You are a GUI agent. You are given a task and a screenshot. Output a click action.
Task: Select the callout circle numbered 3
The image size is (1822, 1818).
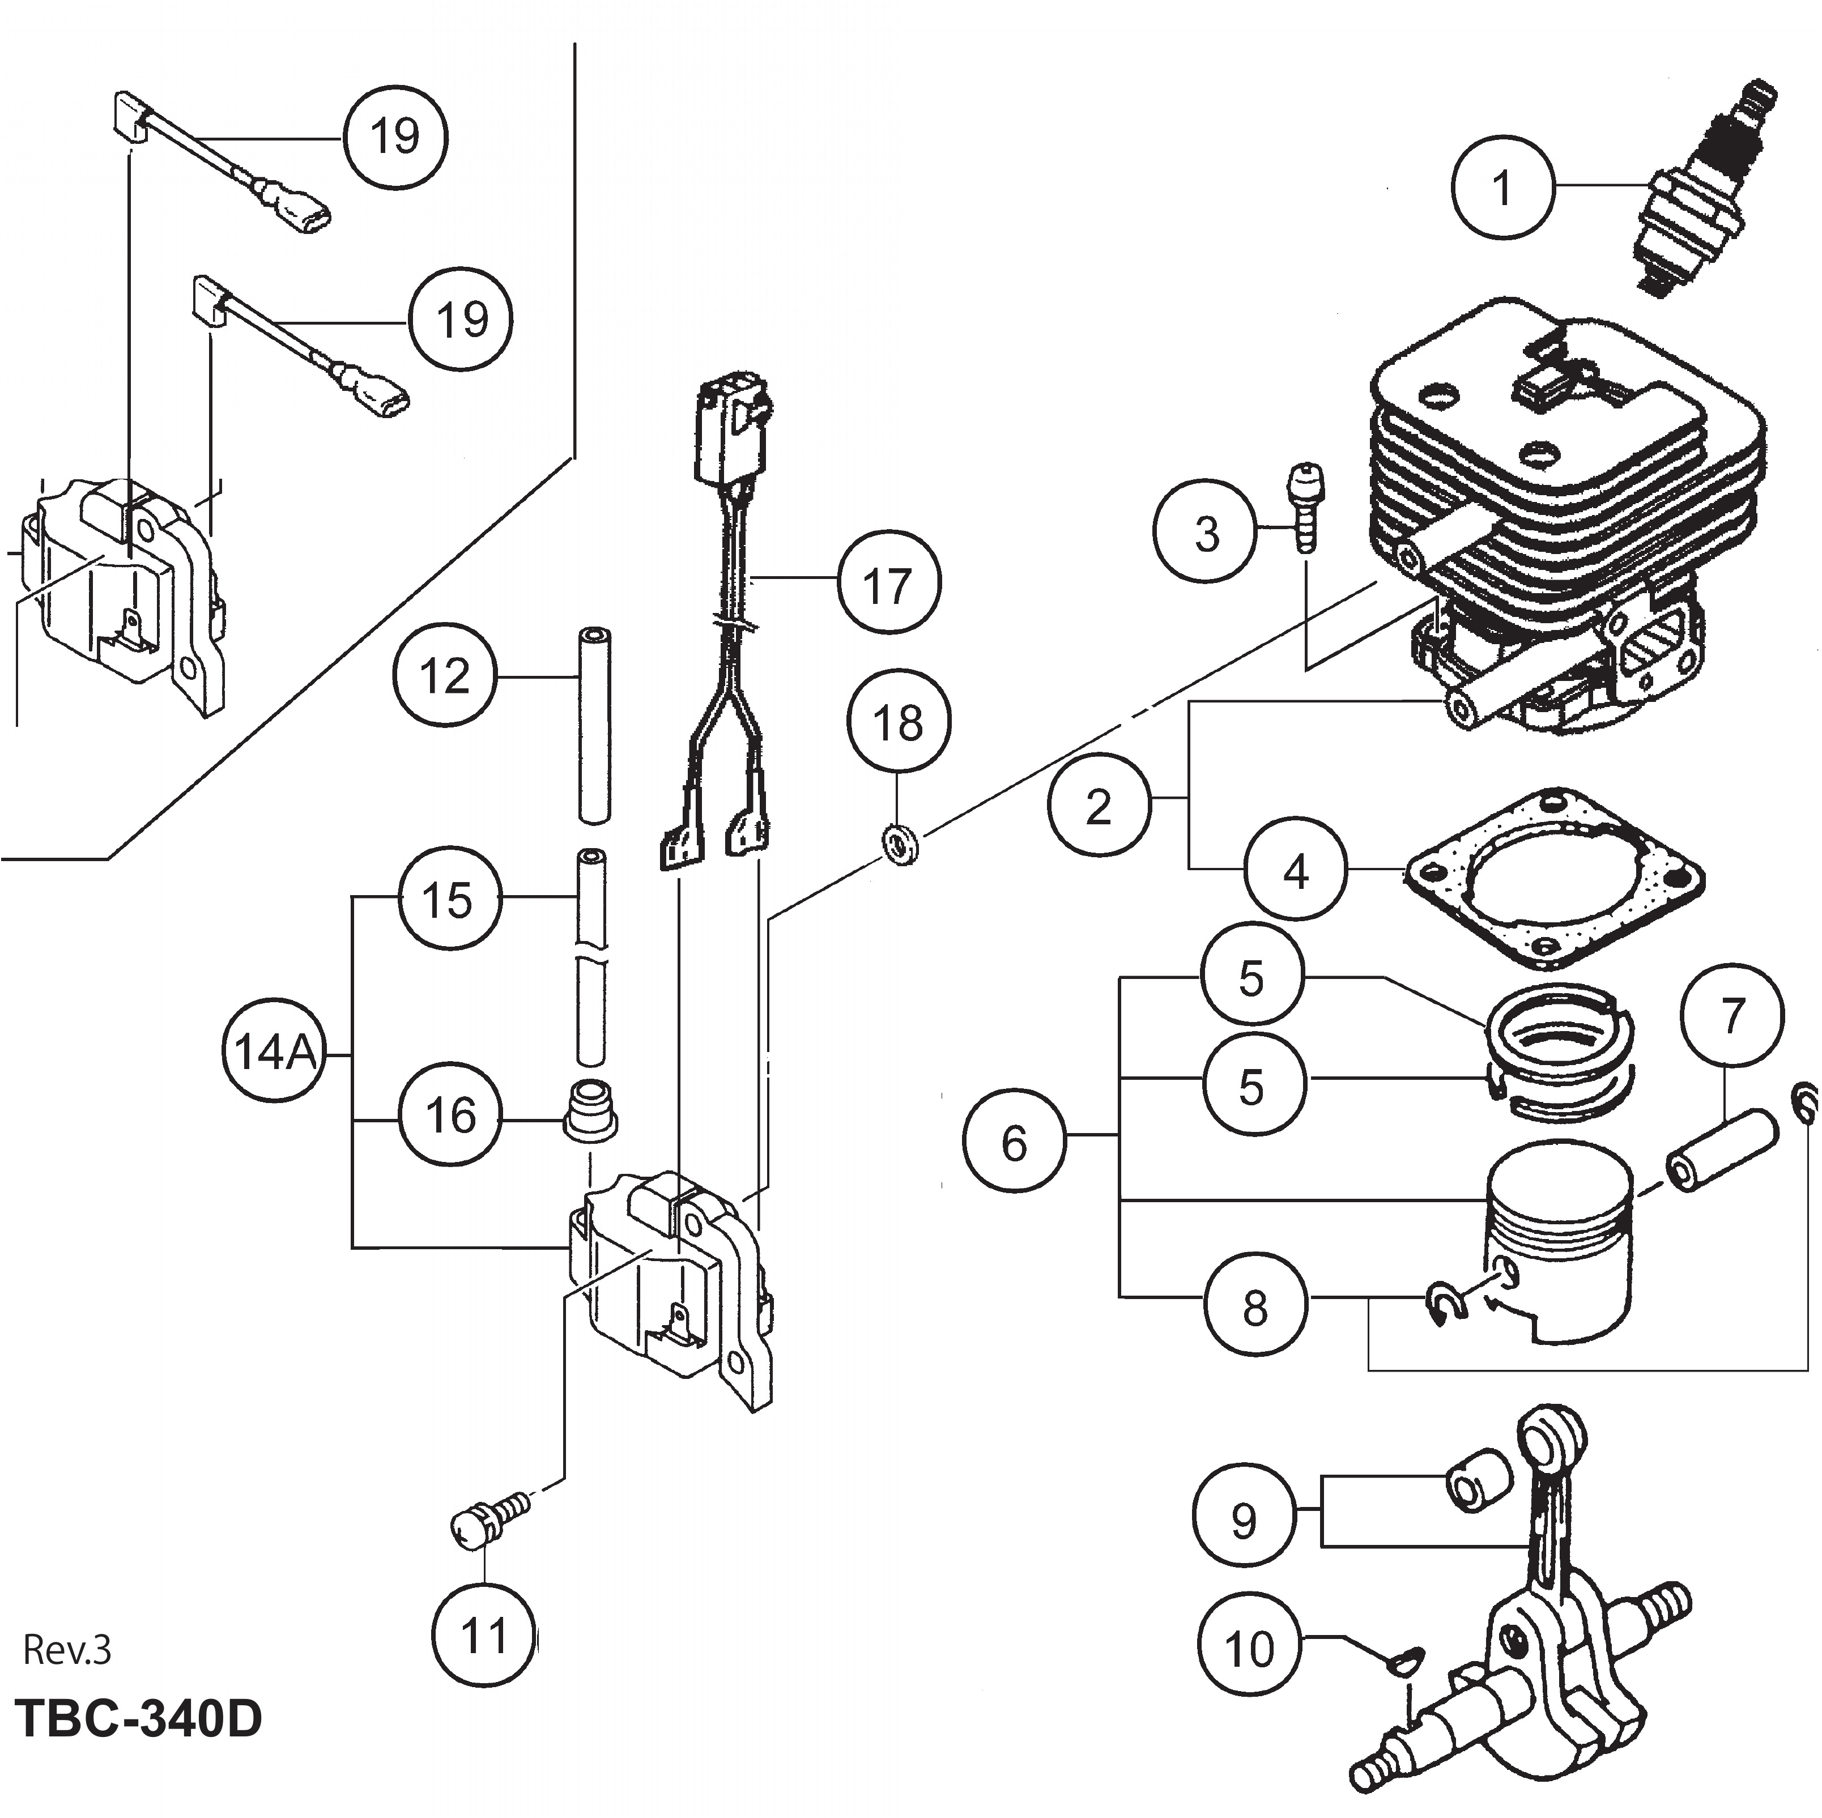tap(1207, 532)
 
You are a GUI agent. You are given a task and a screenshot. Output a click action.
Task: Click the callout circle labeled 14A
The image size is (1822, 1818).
tap(274, 1052)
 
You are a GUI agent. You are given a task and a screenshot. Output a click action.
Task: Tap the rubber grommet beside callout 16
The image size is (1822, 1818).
tap(589, 1110)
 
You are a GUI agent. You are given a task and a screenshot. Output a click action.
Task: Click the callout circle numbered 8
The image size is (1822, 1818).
tap(1255, 1306)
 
